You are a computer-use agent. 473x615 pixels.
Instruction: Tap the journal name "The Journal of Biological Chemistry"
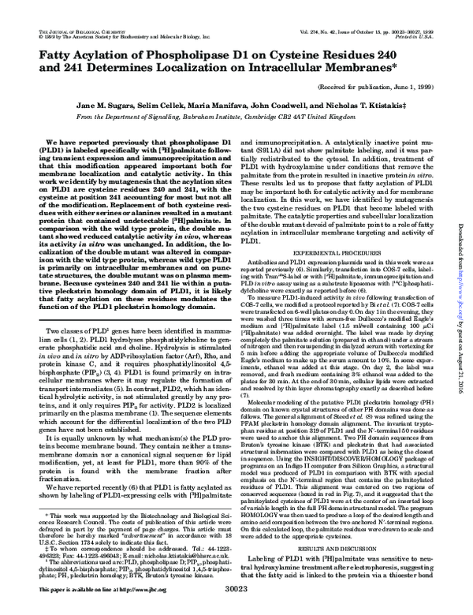click(62, 8)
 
